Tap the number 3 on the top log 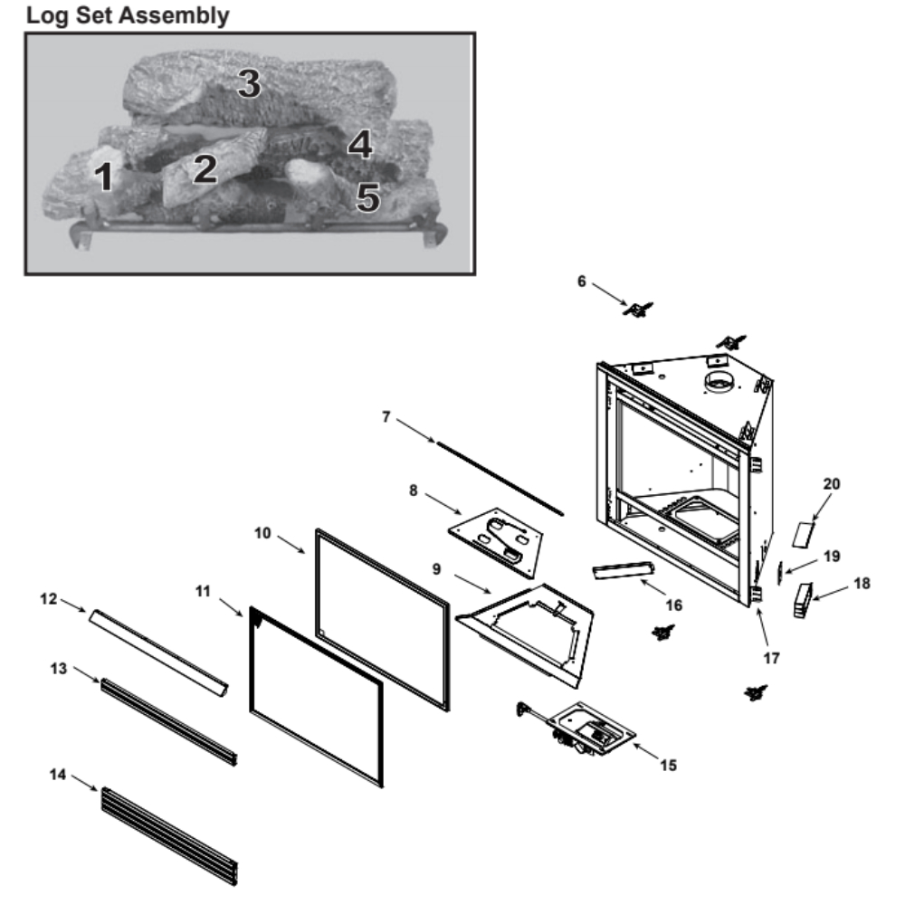[x=248, y=84]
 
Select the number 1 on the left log [x=105, y=176]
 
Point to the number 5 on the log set [x=367, y=196]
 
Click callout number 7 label [x=386, y=416]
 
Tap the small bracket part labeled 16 [x=624, y=570]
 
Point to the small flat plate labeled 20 [x=804, y=533]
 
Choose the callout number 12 [x=48, y=598]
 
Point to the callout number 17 [x=770, y=658]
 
